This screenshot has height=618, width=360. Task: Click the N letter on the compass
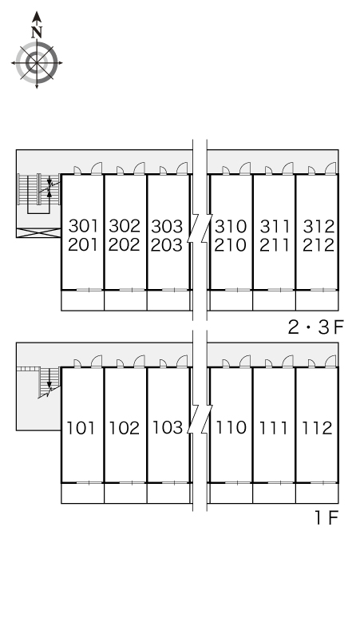[x=36, y=32]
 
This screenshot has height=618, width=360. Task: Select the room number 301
[x=83, y=226]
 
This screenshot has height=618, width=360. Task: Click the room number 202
[x=125, y=244]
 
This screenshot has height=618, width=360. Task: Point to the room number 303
[x=167, y=226]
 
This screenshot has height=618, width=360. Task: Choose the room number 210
[x=231, y=244]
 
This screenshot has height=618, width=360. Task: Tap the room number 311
[x=275, y=226]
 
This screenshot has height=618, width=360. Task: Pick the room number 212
[x=318, y=244]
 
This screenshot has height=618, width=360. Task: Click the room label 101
[x=81, y=427]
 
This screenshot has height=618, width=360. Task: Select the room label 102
[x=125, y=427]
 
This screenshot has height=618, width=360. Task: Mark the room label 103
[x=167, y=427]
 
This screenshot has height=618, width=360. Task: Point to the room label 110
[x=231, y=427]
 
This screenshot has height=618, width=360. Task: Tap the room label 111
[x=275, y=427]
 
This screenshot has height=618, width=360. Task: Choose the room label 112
[x=318, y=427]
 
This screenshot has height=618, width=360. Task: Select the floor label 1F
[x=326, y=518]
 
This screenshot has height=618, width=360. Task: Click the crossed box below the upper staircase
[x=39, y=233]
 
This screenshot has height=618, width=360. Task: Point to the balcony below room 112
[x=317, y=493]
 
